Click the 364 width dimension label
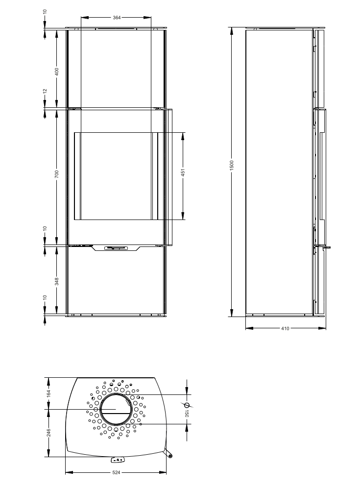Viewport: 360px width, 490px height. tap(117, 17)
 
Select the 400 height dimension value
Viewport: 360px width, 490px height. tap(57, 71)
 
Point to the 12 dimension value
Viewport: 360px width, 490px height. tap(45, 91)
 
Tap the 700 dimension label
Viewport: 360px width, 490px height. tap(57, 174)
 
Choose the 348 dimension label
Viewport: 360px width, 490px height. tap(57, 281)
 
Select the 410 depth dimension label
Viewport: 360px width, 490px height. tap(286, 329)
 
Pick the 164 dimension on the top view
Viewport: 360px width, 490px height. tap(48, 393)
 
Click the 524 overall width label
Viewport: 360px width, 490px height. tap(116, 473)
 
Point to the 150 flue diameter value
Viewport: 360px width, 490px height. tap(187, 414)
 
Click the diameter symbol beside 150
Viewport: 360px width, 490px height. tap(187, 405)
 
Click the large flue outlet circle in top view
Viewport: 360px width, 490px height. tap(116, 409)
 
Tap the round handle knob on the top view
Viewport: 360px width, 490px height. tap(170, 456)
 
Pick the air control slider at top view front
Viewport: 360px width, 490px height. tap(117, 460)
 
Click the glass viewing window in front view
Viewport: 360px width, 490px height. tap(116, 175)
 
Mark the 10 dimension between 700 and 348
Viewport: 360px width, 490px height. tap(45, 228)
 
